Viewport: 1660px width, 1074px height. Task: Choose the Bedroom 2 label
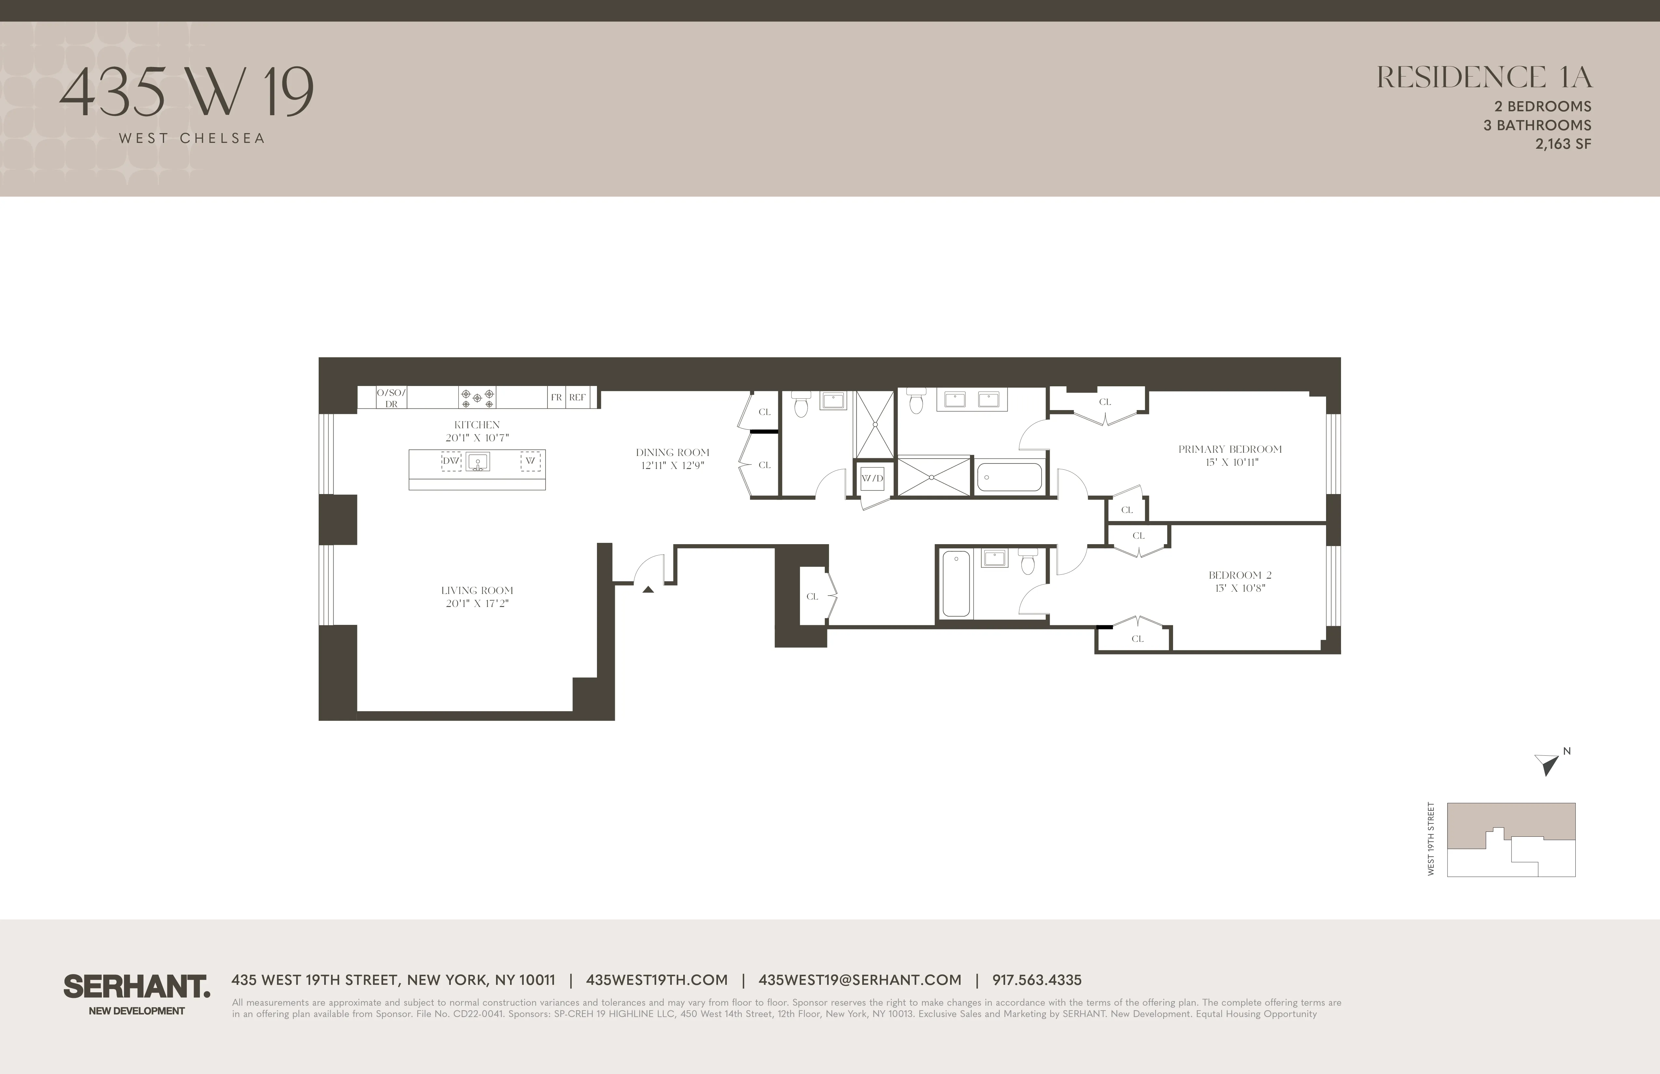1239,575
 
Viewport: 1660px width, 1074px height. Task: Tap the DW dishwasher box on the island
451,461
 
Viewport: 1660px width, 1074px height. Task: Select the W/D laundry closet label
872,478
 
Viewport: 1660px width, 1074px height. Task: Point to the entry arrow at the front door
648,589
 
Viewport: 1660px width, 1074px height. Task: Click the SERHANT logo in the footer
137,987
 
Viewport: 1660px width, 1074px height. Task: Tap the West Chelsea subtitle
192,138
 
